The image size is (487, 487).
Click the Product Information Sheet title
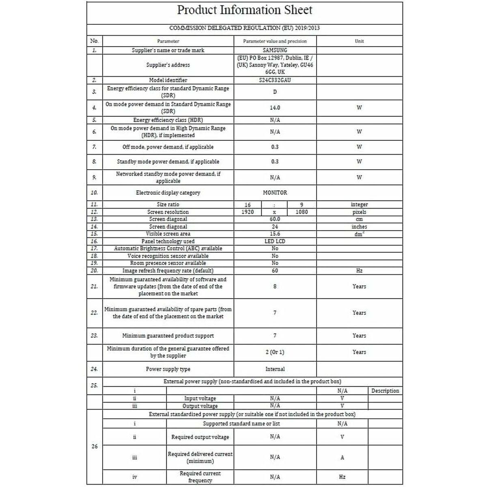[x=245, y=10]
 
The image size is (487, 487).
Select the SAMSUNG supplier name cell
[x=275, y=50]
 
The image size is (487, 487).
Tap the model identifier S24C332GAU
[x=275, y=80]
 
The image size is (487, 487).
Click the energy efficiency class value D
[x=275, y=92]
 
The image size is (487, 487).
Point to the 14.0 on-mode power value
[x=275, y=108]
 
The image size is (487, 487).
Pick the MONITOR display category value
[x=275, y=193]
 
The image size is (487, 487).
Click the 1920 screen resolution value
[x=248, y=212]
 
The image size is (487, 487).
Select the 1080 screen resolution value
[x=302, y=212]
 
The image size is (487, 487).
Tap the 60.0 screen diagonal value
[x=275, y=219]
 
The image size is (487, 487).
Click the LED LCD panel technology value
[x=275, y=241]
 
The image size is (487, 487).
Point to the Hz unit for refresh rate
[x=359, y=271]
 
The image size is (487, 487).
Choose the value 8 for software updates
[x=275, y=287]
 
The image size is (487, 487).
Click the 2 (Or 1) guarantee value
[x=275, y=352]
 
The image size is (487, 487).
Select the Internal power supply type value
[x=275, y=369]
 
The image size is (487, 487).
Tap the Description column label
[x=385, y=391]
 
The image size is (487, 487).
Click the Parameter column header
[x=168, y=41]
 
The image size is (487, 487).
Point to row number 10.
[x=94, y=193]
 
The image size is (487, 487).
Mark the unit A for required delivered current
[x=342, y=457]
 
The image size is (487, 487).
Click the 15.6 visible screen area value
[x=275, y=234]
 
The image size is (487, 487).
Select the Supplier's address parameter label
[x=168, y=65]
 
